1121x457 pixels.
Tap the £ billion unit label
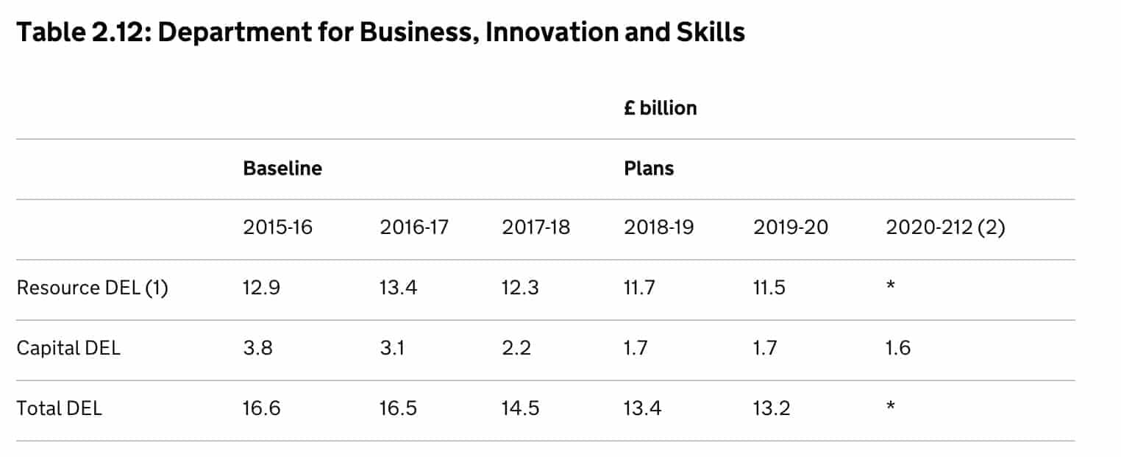tap(660, 108)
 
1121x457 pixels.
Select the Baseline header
tap(282, 169)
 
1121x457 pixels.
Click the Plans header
tap(649, 169)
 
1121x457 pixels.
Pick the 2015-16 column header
tap(277, 227)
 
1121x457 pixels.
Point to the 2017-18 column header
tap(535, 227)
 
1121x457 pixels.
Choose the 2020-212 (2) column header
tap(945, 227)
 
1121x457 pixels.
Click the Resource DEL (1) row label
tap(92, 288)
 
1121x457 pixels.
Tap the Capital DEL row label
tap(68, 347)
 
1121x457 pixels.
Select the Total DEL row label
tap(60, 408)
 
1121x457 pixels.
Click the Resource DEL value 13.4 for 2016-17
tap(399, 288)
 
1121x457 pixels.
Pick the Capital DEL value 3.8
tap(257, 347)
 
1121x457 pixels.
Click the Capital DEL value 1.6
tap(898, 347)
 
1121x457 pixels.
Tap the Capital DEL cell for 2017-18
tap(516, 347)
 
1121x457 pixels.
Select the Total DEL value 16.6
tap(261, 408)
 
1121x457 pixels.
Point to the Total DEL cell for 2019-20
tap(772, 408)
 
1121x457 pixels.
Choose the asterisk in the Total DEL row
tap(891, 406)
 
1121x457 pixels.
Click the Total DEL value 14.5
tap(520, 408)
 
